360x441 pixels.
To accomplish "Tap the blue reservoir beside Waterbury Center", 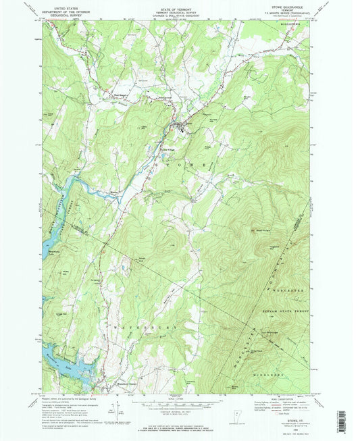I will coord(68,369).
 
